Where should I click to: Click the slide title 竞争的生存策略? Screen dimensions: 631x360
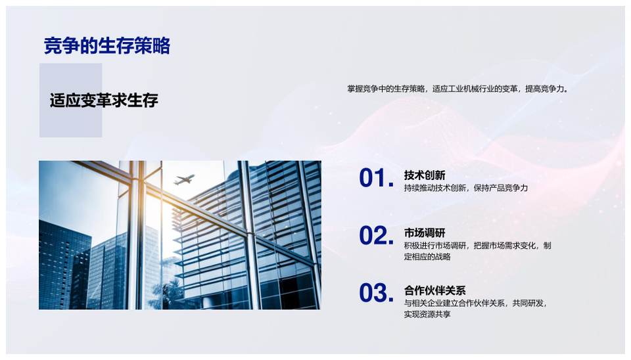pyautogui.click(x=107, y=45)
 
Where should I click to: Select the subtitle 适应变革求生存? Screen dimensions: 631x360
pyautogui.click(x=104, y=101)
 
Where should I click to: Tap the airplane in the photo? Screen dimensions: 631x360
pyautogui.click(x=184, y=179)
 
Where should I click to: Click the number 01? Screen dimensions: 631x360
pyautogui.click(x=376, y=178)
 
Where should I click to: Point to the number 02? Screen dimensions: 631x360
pyautogui.click(x=376, y=235)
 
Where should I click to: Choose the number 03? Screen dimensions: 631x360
pyautogui.click(x=376, y=293)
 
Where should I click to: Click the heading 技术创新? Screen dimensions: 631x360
pyautogui.click(x=425, y=175)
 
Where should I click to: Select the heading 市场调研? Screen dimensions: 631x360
pyautogui.click(x=425, y=233)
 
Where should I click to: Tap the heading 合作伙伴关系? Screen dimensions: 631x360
pyautogui.click(x=434, y=290)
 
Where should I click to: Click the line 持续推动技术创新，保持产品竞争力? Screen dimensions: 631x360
pyautogui.click(x=465, y=188)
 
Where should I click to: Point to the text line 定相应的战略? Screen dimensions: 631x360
pyautogui.click(x=427, y=257)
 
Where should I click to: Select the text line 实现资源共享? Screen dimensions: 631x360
pyautogui.click(x=427, y=314)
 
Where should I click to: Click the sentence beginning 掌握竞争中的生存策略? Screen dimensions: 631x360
pyautogui.click(x=458, y=89)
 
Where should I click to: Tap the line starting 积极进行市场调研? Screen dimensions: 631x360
pyautogui.click(x=478, y=245)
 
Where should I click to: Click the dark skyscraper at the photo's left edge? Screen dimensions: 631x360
pyautogui.click(x=64, y=265)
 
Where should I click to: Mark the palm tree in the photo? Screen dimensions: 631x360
pyautogui.click(x=167, y=294)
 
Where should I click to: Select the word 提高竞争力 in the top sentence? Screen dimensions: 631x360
pyautogui.click(x=546, y=89)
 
